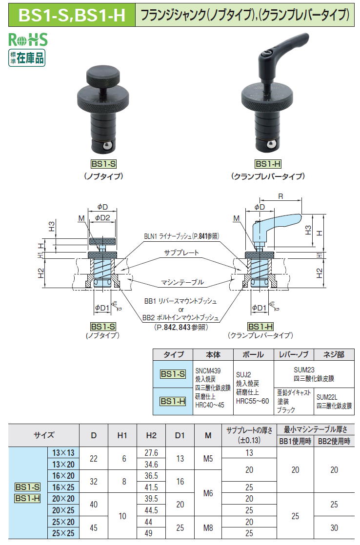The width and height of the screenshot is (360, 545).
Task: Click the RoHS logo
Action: (28, 39)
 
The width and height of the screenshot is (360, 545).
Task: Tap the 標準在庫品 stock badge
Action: (27, 58)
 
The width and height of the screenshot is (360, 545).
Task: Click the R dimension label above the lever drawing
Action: (280, 196)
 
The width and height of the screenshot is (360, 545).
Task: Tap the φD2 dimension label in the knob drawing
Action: (102, 218)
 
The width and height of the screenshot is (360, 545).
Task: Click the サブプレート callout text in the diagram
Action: (181, 253)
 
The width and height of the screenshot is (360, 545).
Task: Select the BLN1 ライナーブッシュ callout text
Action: (181, 236)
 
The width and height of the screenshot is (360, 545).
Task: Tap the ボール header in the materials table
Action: (253, 354)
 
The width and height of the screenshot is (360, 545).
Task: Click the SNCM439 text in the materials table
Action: (208, 371)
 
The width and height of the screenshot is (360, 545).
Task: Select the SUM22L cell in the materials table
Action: (327, 397)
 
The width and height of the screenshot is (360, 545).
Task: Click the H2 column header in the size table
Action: (151, 435)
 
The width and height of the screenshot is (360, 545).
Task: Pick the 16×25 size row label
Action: (63, 487)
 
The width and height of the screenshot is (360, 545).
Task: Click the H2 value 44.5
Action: (151, 510)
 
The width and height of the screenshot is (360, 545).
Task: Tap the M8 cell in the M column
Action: (208, 527)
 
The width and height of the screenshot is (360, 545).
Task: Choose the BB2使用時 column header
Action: (334, 441)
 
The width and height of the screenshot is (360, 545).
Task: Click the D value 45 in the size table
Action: (94, 527)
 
